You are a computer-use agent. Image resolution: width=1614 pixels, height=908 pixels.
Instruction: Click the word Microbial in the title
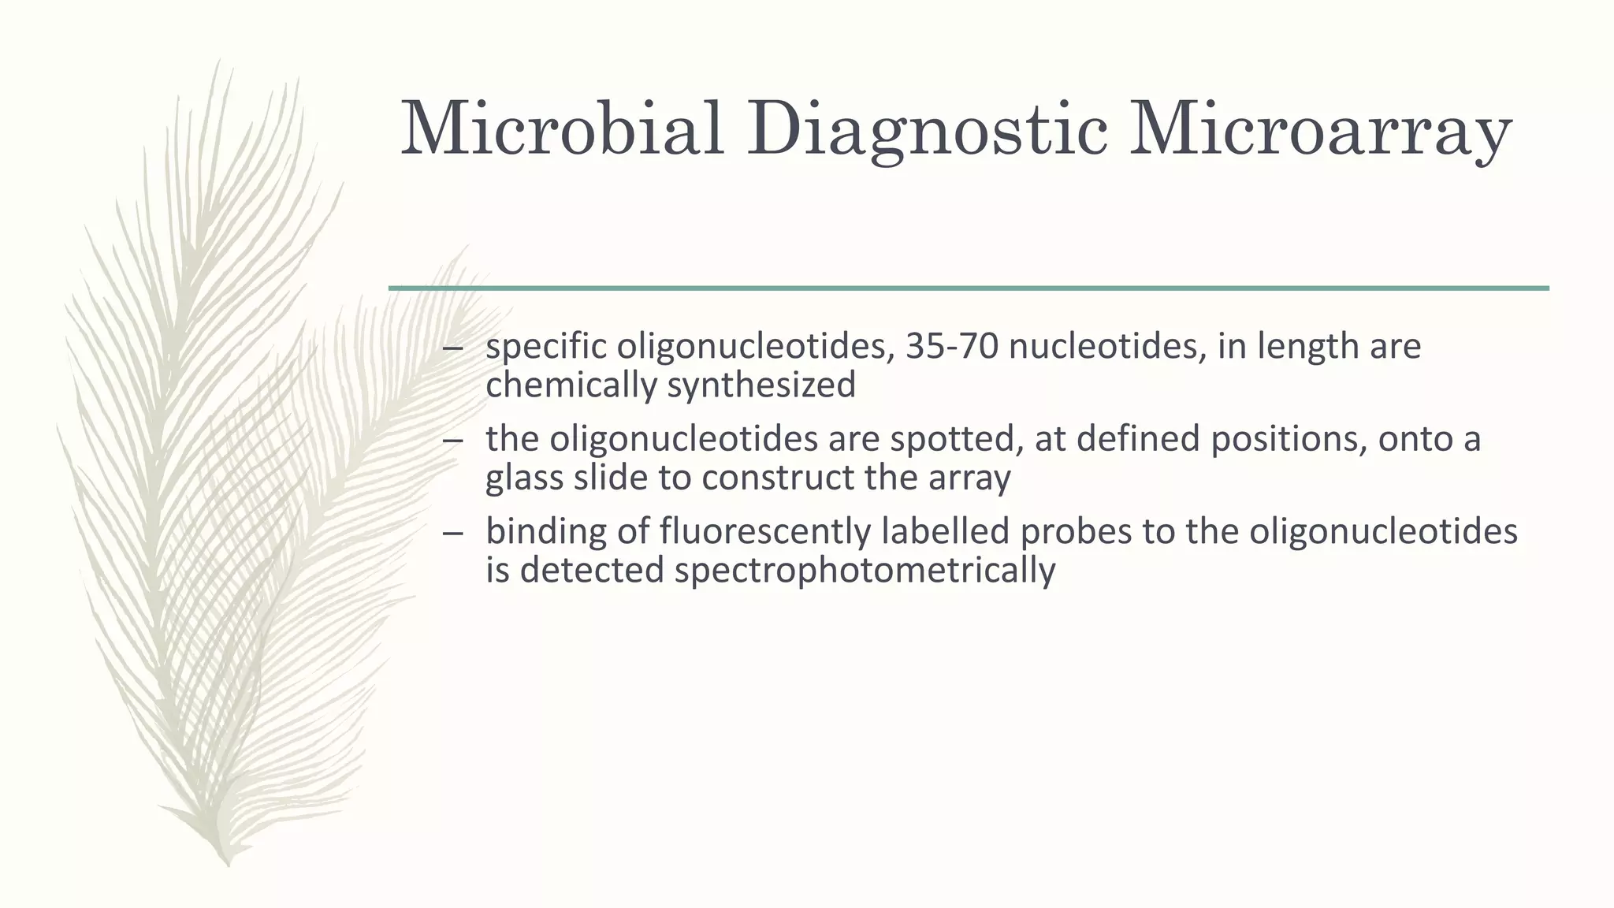click(x=562, y=128)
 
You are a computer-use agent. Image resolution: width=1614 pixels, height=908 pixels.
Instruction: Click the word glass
click(x=524, y=478)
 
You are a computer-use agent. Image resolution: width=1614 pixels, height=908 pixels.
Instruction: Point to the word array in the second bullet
click(x=969, y=478)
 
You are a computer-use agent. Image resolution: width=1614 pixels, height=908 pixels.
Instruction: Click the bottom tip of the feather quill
click(x=228, y=864)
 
